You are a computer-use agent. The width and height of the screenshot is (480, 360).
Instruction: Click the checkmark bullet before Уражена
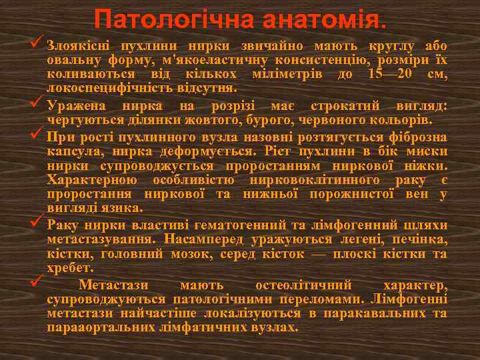click(36, 103)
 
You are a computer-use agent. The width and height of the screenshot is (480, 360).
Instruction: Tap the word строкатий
click(323, 107)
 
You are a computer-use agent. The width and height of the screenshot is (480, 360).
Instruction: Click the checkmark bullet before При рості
click(36, 135)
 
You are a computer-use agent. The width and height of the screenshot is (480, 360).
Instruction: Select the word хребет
click(66, 267)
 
